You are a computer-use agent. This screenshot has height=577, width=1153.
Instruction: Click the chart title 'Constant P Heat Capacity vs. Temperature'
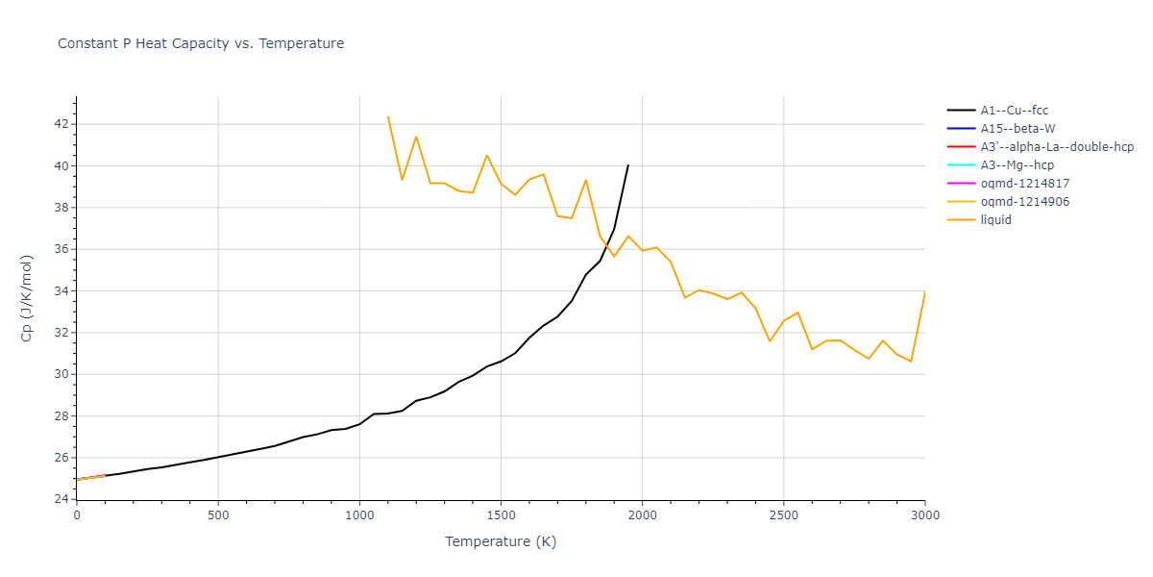click(201, 43)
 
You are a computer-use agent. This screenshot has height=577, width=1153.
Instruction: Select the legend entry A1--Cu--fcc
click(1014, 111)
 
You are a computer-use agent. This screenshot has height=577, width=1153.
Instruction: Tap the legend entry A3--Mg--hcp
click(1017, 165)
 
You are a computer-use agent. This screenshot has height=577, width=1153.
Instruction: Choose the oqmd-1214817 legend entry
click(1025, 184)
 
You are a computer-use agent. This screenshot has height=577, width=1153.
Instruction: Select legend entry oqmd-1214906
click(1025, 202)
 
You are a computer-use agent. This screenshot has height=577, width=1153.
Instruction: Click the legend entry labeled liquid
click(996, 220)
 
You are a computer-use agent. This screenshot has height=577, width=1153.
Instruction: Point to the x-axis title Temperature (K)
click(501, 541)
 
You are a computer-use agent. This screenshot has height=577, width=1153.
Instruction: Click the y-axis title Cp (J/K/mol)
click(27, 298)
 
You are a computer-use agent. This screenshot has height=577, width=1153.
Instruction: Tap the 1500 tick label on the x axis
click(501, 515)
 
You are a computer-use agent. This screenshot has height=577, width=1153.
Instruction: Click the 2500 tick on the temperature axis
click(783, 515)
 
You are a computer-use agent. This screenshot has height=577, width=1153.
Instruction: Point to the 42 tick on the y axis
click(61, 124)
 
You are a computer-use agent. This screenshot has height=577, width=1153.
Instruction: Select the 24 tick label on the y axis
click(61, 500)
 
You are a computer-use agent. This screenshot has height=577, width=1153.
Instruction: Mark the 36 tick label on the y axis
click(61, 249)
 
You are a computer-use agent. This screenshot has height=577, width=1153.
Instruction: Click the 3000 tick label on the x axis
click(924, 515)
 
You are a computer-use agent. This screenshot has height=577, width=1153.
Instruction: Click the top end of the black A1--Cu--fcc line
click(628, 164)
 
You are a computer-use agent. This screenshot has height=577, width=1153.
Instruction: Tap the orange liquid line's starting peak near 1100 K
click(388, 116)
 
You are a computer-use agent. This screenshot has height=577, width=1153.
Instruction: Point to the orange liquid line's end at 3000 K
click(924, 291)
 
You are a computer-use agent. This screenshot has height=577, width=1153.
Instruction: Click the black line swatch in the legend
click(961, 111)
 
